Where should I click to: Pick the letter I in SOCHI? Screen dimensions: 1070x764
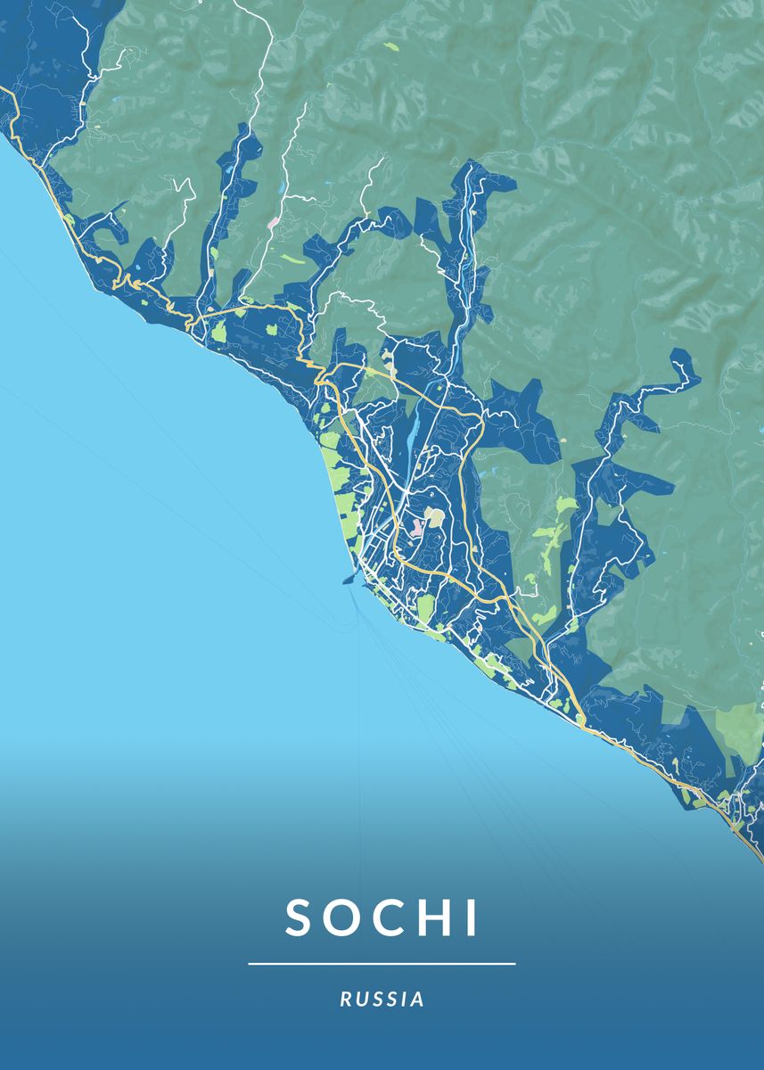coord(472,918)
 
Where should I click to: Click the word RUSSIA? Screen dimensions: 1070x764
coord(382,1000)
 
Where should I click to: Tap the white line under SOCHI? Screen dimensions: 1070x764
coord(382,964)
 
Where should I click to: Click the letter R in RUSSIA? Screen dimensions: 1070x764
coord(345,1000)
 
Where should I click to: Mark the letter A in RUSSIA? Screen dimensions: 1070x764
coord(418,1000)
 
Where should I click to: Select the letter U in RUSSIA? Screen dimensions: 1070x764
coord(360,1000)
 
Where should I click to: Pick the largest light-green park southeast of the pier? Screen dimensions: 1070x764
coord(426,610)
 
